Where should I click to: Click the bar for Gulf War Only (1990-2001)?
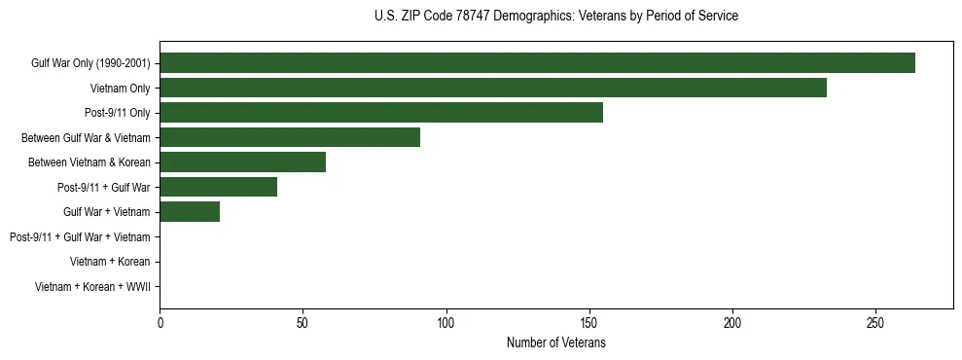coord(537,63)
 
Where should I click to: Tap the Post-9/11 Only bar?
coord(381,113)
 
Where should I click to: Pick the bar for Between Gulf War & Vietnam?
coord(290,137)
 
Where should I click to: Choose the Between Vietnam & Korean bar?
coord(243,162)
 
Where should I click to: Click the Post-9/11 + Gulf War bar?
coord(219,187)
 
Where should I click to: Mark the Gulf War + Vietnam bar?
coord(190,212)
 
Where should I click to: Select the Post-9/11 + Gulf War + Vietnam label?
coord(80,236)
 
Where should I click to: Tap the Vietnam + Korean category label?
coord(110,262)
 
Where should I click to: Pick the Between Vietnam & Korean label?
coord(89,162)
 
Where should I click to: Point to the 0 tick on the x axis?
coord(160,322)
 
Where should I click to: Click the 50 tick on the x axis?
coord(303,322)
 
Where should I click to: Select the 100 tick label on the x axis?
coord(446,322)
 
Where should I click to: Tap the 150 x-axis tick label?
coord(589,322)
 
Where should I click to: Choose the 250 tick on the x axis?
coord(875,322)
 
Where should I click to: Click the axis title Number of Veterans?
coord(555,342)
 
